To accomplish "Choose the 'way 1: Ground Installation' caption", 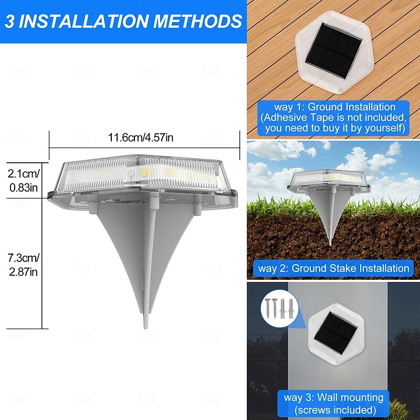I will point(334,107).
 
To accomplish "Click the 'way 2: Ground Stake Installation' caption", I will point(333,268).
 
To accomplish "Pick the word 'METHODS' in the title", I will point(197,21).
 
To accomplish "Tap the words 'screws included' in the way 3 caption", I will point(334,409).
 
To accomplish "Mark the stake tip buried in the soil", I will point(330,243).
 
